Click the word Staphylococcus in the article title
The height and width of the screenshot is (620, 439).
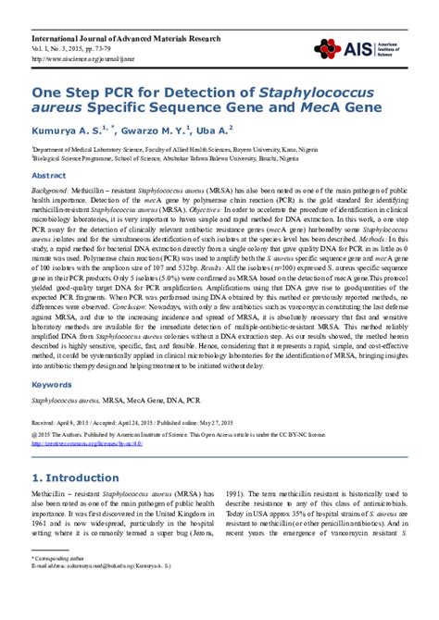314,93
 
